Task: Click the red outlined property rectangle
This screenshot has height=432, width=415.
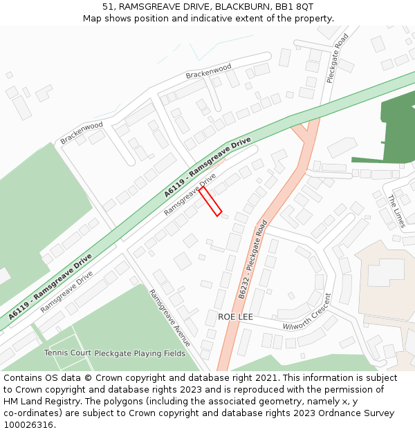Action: pyautogui.click(x=210, y=201)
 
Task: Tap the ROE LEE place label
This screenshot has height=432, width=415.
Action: pyautogui.click(x=235, y=317)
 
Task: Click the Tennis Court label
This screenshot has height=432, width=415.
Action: pyautogui.click(x=68, y=353)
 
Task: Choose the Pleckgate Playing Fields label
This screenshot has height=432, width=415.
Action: pyautogui.click(x=140, y=353)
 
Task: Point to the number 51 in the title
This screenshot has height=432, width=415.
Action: pyautogui.click(x=108, y=6)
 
